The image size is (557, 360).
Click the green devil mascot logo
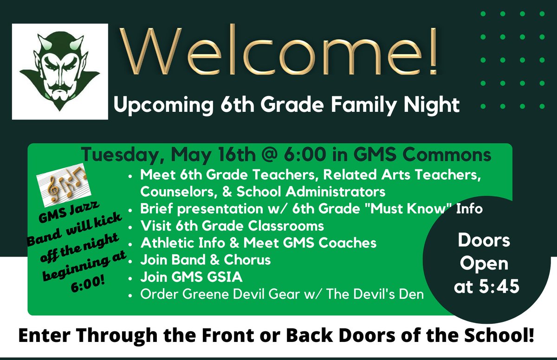click(60, 72)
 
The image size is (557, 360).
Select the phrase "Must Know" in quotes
click(407, 209)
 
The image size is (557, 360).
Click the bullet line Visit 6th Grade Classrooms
click(232, 226)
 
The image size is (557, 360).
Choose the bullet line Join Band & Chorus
click(205, 260)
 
